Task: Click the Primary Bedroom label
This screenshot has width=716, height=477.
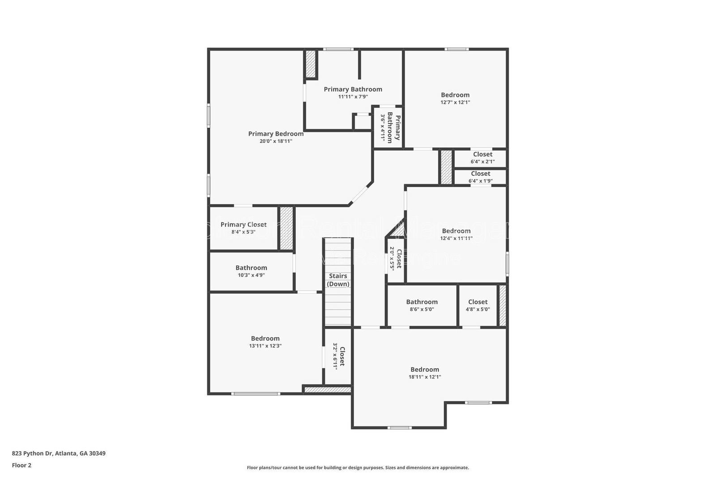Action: [x=276, y=134]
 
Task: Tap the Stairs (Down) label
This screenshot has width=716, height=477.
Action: [x=338, y=280]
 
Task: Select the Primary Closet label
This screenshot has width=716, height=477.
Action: [x=243, y=225]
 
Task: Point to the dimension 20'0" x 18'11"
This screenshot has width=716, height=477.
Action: [x=276, y=141]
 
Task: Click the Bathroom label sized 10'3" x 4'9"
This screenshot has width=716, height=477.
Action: [x=251, y=268]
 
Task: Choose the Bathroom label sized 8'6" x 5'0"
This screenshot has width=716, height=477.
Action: [x=422, y=302]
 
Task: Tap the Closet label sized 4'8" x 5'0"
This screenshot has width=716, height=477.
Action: [x=477, y=302]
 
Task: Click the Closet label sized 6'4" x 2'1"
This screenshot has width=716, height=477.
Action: [x=482, y=154]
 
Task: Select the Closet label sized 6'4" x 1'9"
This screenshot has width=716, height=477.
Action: [x=480, y=174]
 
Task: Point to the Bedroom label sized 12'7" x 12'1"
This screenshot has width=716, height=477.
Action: [x=455, y=95]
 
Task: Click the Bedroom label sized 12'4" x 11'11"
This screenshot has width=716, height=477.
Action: [x=456, y=231]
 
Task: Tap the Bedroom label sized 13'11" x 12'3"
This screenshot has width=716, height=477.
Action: [x=265, y=339]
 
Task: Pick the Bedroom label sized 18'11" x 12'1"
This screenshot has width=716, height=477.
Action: [x=425, y=370]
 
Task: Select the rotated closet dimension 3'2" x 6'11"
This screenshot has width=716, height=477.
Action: [x=335, y=356]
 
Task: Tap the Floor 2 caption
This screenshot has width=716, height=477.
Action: [x=21, y=465]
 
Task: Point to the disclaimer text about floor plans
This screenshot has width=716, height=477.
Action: [x=358, y=468]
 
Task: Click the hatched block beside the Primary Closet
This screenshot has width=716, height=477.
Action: [x=286, y=228]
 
